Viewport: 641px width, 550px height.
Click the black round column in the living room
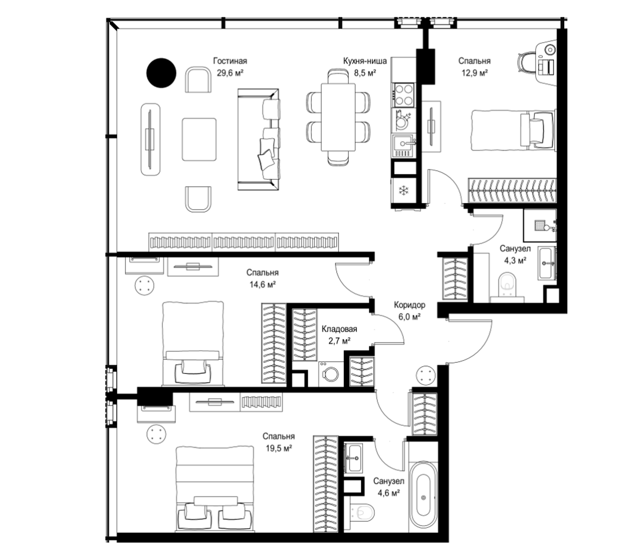click(161, 73)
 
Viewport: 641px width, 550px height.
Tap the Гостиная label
click(230, 61)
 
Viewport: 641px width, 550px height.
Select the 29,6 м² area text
click(230, 73)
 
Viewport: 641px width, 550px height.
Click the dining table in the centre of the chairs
click(338, 117)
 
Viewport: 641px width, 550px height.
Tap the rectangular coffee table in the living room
click(199, 139)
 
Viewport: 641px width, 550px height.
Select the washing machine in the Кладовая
click(331, 374)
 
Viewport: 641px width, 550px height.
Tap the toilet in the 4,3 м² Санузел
click(508, 284)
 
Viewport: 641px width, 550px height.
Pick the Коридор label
click(410, 305)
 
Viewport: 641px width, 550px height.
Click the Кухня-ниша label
click(365, 61)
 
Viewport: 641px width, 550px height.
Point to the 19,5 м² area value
click(279, 448)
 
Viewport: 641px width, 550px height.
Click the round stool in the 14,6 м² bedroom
click(144, 285)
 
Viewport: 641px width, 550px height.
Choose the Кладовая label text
click(339, 329)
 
